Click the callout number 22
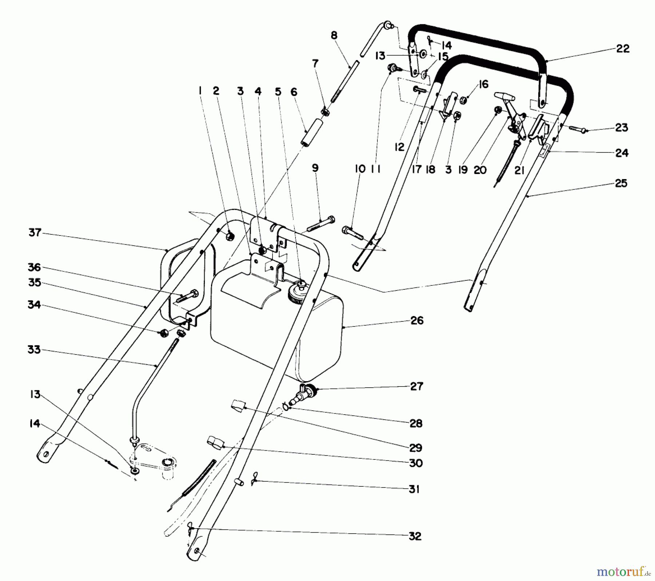(x=623, y=49)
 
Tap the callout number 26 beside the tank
(x=417, y=321)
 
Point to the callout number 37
(x=35, y=232)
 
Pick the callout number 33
(x=34, y=350)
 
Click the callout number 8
(x=334, y=35)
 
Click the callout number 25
(x=621, y=183)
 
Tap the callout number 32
(x=415, y=536)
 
